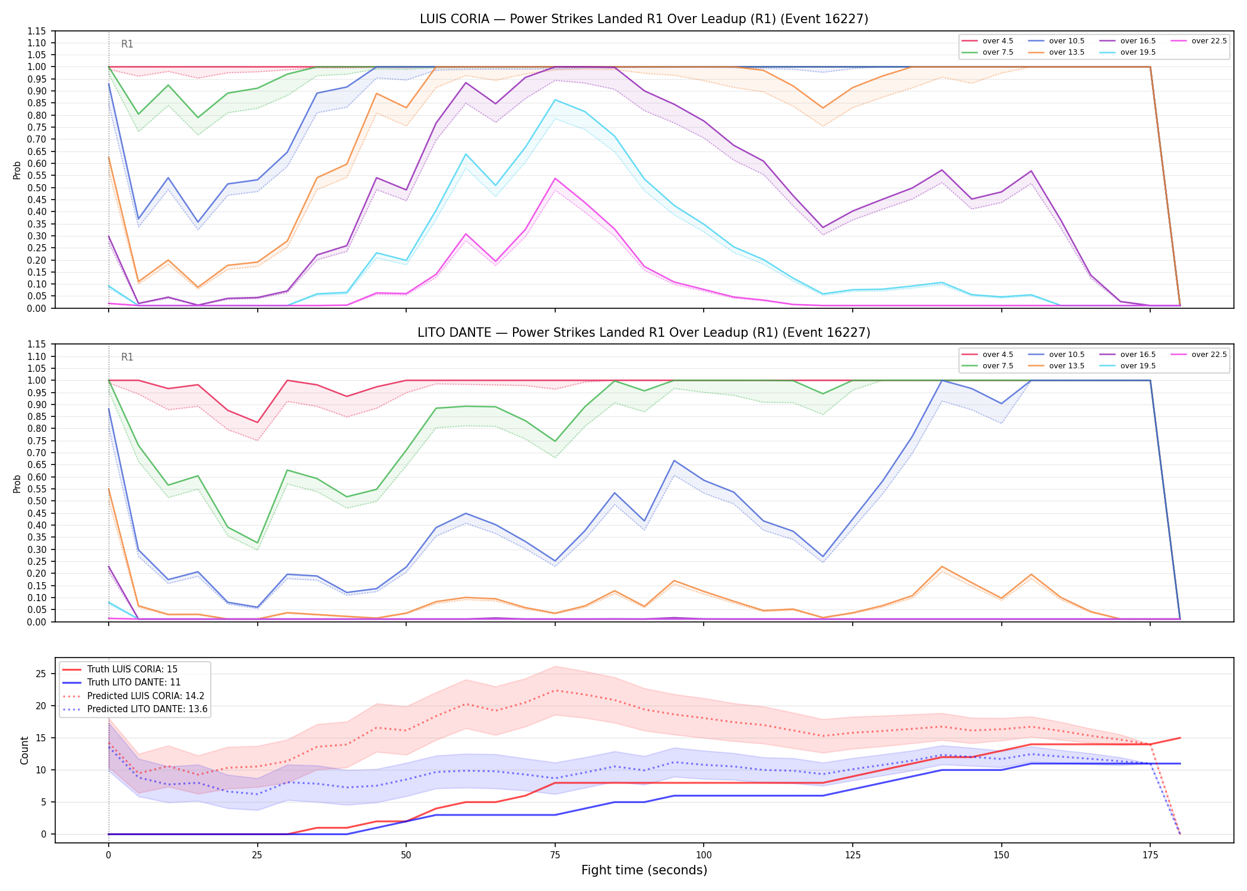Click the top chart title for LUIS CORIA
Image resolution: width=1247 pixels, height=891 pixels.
tap(644, 19)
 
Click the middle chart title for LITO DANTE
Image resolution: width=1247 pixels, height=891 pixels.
tap(644, 333)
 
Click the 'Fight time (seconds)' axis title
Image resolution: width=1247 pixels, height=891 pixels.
tap(644, 870)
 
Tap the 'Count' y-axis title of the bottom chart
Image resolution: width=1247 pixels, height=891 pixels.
tap(24, 750)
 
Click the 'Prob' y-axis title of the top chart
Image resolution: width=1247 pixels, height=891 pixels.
tap(17, 170)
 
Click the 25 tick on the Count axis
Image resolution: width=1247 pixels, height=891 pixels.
tap(41, 674)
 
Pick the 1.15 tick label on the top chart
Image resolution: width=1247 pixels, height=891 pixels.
tap(37, 31)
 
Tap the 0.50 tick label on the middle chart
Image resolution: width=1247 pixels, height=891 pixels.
tap(37, 501)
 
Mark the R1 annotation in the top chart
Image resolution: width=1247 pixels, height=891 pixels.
tap(127, 44)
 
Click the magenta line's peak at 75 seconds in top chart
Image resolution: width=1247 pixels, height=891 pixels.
tap(555, 178)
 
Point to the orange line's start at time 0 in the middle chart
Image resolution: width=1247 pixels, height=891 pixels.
tap(109, 489)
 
